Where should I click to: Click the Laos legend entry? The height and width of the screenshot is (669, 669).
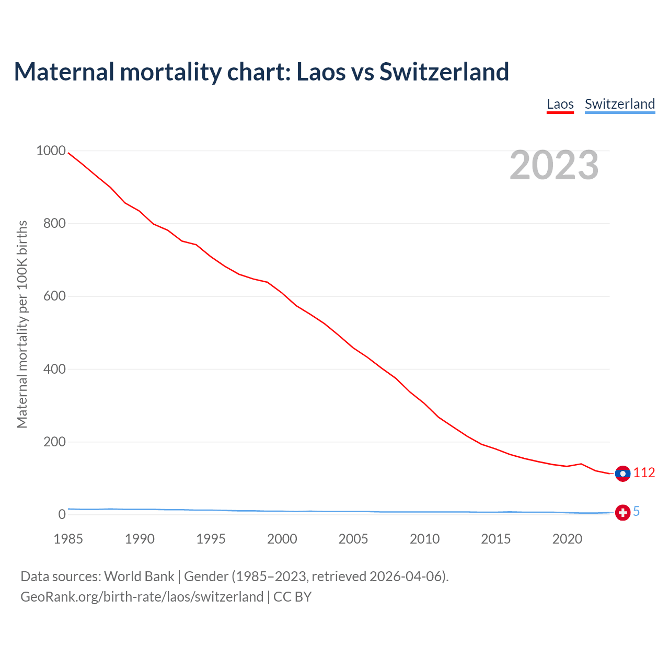pyautogui.click(x=560, y=104)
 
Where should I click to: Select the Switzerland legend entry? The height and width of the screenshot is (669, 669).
pyautogui.click(x=619, y=104)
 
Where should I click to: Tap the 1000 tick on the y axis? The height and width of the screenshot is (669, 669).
pyautogui.click(x=51, y=151)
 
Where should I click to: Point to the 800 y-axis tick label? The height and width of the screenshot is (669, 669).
pyautogui.click(x=54, y=224)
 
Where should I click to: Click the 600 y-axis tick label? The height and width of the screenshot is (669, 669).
pyautogui.click(x=54, y=296)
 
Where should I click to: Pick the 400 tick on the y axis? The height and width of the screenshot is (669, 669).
pyautogui.click(x=54, y=369)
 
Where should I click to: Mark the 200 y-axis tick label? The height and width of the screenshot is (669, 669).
pyautogui.click(x=54, y=442)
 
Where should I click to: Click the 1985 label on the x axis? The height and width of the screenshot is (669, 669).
pyautogui.click(x=68, y=539)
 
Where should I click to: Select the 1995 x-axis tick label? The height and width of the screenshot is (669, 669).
pyautogui.click(x=211, y=539)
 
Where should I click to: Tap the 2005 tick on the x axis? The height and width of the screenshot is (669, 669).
pyautogui.click(x=353, y=539)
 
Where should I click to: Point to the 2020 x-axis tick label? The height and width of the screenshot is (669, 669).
pyautogui.click(x=567, y=539)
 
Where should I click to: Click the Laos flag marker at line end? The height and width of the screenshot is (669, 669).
pyautogui.click(x=622, y=474)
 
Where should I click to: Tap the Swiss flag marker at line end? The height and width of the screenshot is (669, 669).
pyautogui.click(x=622, y=513)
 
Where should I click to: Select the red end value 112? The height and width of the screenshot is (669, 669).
pyautogui.click(x=644, y=473)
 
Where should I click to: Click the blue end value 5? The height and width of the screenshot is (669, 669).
pyautogui.click(x=636, y=512)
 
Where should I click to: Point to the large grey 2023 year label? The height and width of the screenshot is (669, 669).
pyautogui.click(x=554, y=165)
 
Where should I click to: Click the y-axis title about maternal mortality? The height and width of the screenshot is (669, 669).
pyautogui.click(x=22, y=324)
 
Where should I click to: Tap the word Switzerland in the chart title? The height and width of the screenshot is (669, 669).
pyautogui.click(x=444, y=72)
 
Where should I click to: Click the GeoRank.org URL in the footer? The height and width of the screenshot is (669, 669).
pyautogui.click(x=142, y=597)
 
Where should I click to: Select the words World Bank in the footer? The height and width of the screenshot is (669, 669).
pyautogui.click(x=139, y=576)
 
